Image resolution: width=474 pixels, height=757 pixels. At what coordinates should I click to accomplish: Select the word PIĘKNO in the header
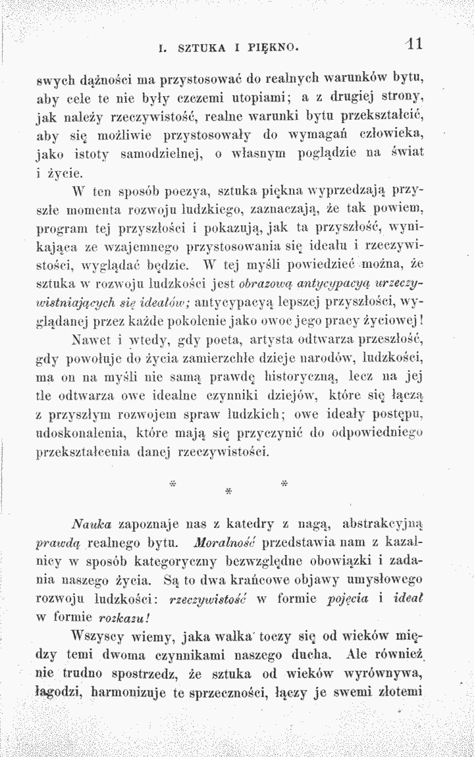click(278, 47)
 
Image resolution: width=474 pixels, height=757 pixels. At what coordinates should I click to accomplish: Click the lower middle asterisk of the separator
click(228, 491)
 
